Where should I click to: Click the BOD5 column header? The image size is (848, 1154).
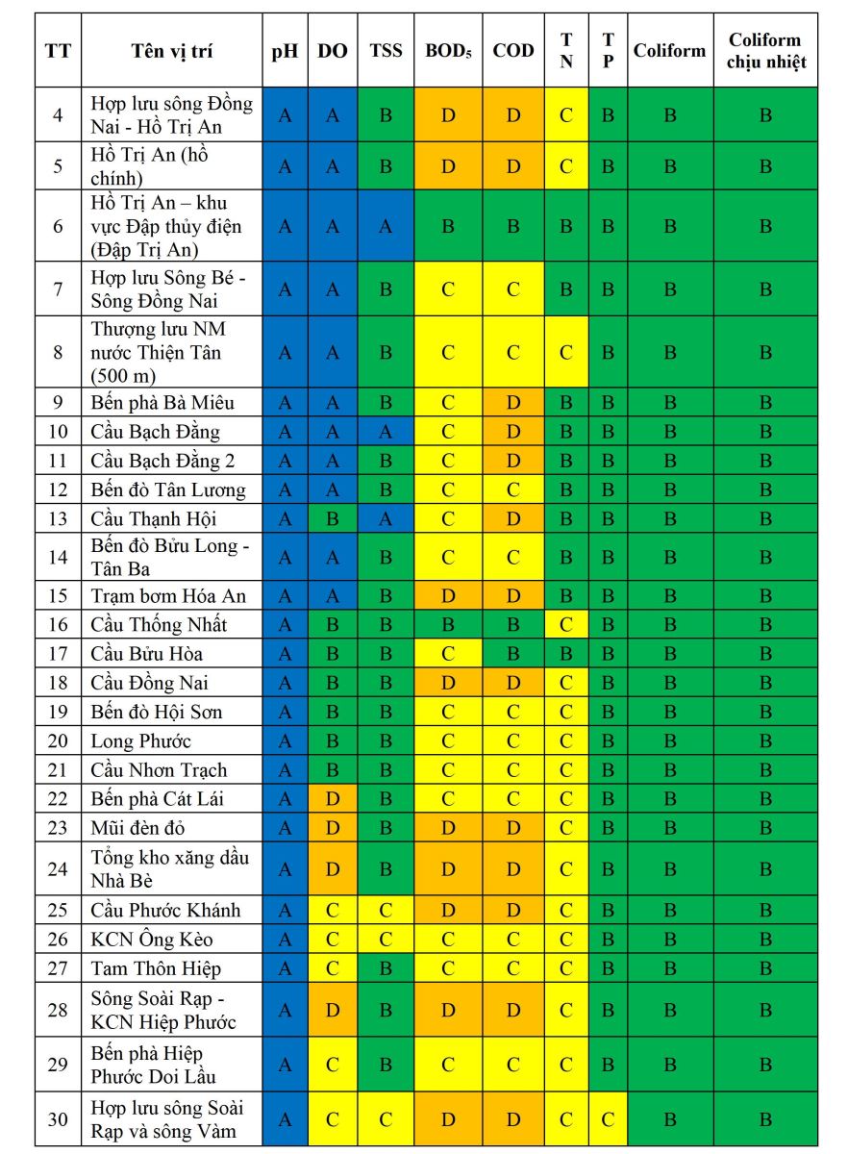[x=448, y=51]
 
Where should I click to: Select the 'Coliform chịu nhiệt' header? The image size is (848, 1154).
[x=765, y=51]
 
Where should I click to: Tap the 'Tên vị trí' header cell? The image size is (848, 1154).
[x=172, y=51]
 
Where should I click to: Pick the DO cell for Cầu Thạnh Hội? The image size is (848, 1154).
[x=333, y=519]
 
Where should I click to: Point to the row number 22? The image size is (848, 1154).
[x=58, y=798]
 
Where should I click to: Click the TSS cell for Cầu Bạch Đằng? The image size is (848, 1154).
[x=386, y=432]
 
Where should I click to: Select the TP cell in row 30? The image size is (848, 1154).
[x=608, y=1119]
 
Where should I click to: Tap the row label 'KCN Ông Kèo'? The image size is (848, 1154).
[x=152, y=940]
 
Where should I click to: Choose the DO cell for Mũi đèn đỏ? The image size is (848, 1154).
[x=333, y=827]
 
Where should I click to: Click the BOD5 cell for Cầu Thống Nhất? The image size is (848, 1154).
[x=448, y=625]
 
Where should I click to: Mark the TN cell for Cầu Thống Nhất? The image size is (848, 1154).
[x=566, y=625]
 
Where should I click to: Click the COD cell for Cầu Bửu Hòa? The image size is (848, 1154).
[x=513, y=654]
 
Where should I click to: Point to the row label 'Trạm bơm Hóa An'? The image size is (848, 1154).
[x=168, y=596]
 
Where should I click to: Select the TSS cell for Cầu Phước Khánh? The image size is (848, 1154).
[x=386, y=911]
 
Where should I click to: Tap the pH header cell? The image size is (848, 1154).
[x=285, y=51]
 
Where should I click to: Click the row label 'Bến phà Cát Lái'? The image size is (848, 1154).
[x=159, y=798]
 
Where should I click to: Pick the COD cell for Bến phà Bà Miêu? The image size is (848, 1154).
[x=513, y=403]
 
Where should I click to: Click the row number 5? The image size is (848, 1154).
[x=58, y=166]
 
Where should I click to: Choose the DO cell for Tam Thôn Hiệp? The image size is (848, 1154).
[x=333, y=968]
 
